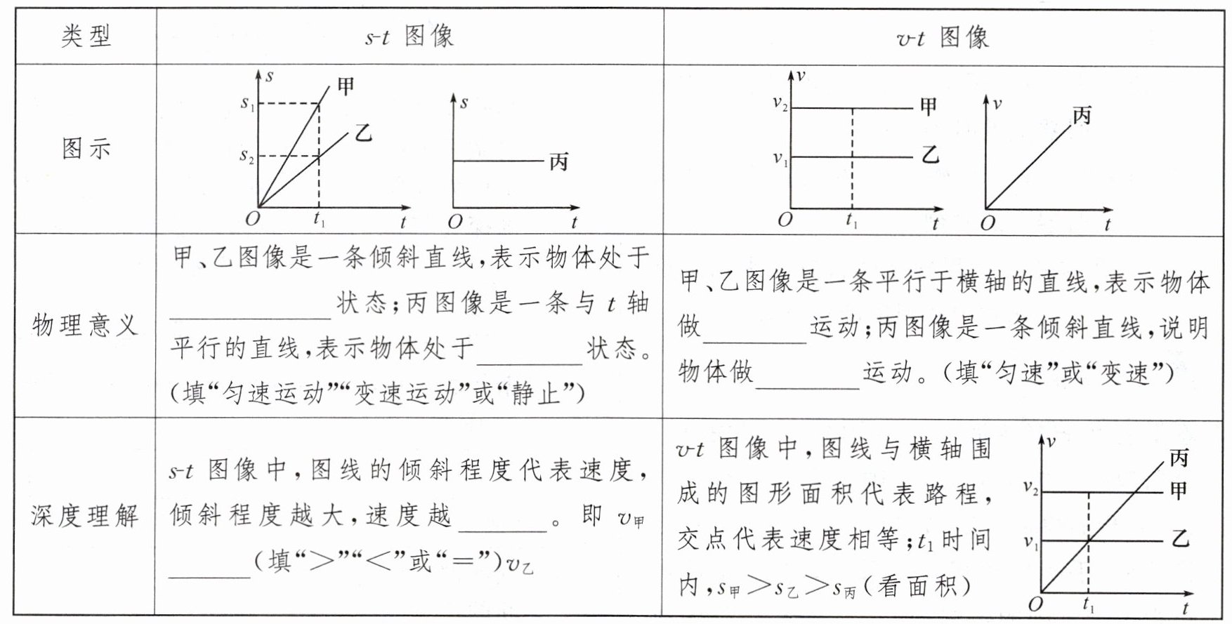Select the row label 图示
[86, 148]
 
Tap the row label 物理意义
[85, 325]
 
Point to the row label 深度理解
[85, 516]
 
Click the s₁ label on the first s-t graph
[247, 104]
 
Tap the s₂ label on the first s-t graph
[247, 157]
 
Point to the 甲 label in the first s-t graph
[346, 86]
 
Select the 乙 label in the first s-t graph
[362, 132]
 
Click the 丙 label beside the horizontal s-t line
[558, 162]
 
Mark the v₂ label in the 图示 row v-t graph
[780, 104]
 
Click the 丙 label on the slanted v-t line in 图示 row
[1082, 116]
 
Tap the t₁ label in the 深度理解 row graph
[1089, 604]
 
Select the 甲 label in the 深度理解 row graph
[1179, 491]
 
